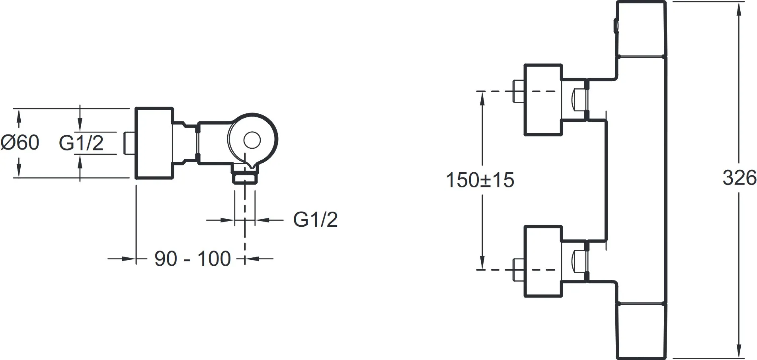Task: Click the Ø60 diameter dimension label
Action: click(20, 143)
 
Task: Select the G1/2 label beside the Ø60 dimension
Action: click(81, 143)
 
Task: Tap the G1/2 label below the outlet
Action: click(316, 219)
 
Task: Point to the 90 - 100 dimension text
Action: click(193, 259)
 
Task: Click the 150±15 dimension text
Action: click(480, 180)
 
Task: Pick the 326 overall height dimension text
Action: click(739, 178)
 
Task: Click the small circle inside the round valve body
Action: click(252, 140)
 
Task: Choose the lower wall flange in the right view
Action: click(544, 261)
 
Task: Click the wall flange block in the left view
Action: click(154, 143)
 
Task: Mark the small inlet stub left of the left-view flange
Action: click(130, 143)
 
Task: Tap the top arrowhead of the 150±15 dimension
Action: click(482, 99)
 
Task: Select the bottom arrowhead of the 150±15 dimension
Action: click(482, 262)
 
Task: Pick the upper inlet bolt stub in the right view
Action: click(519, 91)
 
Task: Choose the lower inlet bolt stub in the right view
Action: click(519, 270)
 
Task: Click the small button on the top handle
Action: click(616, 26)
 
